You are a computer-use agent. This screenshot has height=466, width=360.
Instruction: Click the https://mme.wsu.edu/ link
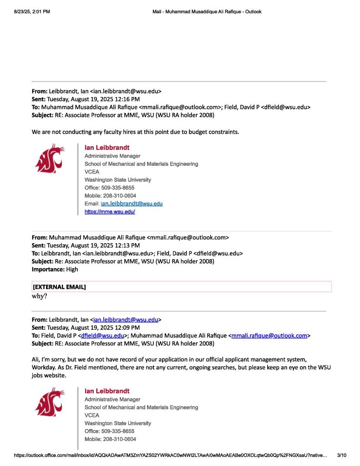pyautogui.click(x=110, y=212)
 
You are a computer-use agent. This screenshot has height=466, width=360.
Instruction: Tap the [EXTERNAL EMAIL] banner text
pyautogui.click(x=59, y=287)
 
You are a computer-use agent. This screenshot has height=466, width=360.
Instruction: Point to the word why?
pyautogui.click(x=40, y=296)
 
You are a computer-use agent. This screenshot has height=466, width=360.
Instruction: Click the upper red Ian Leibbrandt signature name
pyautogui.click(x=107, y=148)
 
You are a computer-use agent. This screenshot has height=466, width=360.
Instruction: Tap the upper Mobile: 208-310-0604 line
pyautogui.click(x=110, y=195)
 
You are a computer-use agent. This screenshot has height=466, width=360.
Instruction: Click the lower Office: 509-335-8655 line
pyautogui.click(x=109, y=431)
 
